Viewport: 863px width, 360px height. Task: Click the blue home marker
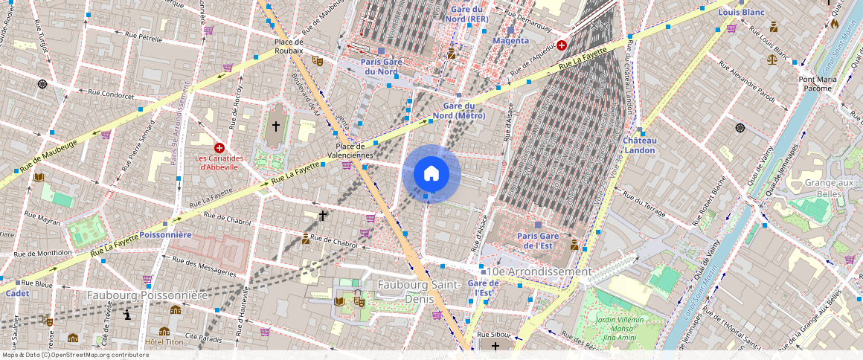coord(431,174)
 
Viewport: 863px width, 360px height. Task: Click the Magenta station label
coord(510,40)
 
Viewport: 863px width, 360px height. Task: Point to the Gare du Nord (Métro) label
coord(459,111)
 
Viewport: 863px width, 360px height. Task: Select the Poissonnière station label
coord(166,234)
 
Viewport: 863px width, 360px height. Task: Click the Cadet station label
coord(17,293)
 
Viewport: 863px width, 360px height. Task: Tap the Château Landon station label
coord(639,145)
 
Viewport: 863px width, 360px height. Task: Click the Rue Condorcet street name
coord(111,94)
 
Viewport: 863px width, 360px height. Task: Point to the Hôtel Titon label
coord(164,342)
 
